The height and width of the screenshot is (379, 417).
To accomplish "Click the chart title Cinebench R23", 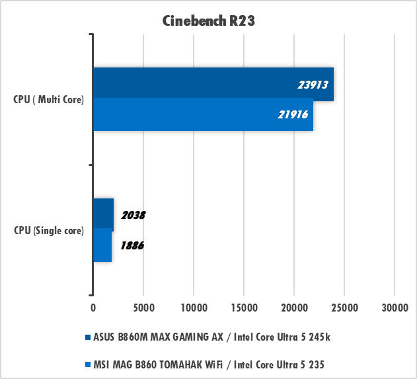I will click(x=209, y=21).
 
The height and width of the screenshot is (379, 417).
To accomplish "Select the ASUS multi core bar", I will click(x=213, y=84).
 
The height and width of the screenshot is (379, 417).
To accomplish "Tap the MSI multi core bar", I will click(x=203, y=115).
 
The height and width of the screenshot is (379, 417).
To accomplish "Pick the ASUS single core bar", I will click(x=103, y=214).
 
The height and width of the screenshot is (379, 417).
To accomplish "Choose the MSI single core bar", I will click(x=102, y=245).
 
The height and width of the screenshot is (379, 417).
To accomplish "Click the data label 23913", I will click(x=313, y=85).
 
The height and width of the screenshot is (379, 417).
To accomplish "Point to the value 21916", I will click(x=293, y=115).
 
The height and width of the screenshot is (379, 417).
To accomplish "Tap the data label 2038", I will click(x=133, y=215).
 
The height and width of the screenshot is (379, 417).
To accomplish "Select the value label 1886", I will click(x=132, y=245).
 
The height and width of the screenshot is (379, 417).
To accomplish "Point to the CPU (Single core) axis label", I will click(x=49, y=231).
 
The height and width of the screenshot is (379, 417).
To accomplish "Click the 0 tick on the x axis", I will click(x=93, y=308).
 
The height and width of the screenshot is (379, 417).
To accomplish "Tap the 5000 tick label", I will click(x=143, y=308).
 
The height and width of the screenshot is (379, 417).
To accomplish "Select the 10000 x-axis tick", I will click(x=193, y=308).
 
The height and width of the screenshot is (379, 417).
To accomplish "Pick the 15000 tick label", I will click(x=243, y=308).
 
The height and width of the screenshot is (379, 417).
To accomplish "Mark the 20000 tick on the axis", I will click(x=293, y=308).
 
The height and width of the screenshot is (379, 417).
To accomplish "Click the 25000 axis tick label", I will click(x=344, y=308).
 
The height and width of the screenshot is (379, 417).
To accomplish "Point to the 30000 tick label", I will click(x=394, y=308).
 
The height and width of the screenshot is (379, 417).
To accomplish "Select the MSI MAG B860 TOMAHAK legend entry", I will click(x=209, y=364).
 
